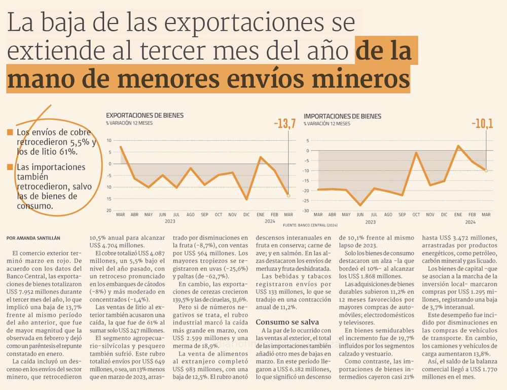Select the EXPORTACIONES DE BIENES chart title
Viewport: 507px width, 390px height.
(x=144, y=116)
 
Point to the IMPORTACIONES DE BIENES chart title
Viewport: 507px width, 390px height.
(x=342, y=116)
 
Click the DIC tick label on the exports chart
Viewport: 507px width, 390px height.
(x=247, y=215)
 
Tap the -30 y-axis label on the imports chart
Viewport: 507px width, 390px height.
(x=305, y=210)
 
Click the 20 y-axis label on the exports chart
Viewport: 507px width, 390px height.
(x=109, y=210)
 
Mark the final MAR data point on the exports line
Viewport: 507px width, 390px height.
(x=288, y=195)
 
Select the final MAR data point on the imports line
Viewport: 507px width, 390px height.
(x=486, y=170)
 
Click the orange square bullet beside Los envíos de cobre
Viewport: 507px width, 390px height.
(x=10, y=133)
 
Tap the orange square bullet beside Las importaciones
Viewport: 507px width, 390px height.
(x=10, y=167)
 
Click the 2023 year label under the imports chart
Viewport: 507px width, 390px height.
(x=371, y=222)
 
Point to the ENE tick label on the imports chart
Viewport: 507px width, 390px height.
(x=458, y=215)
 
